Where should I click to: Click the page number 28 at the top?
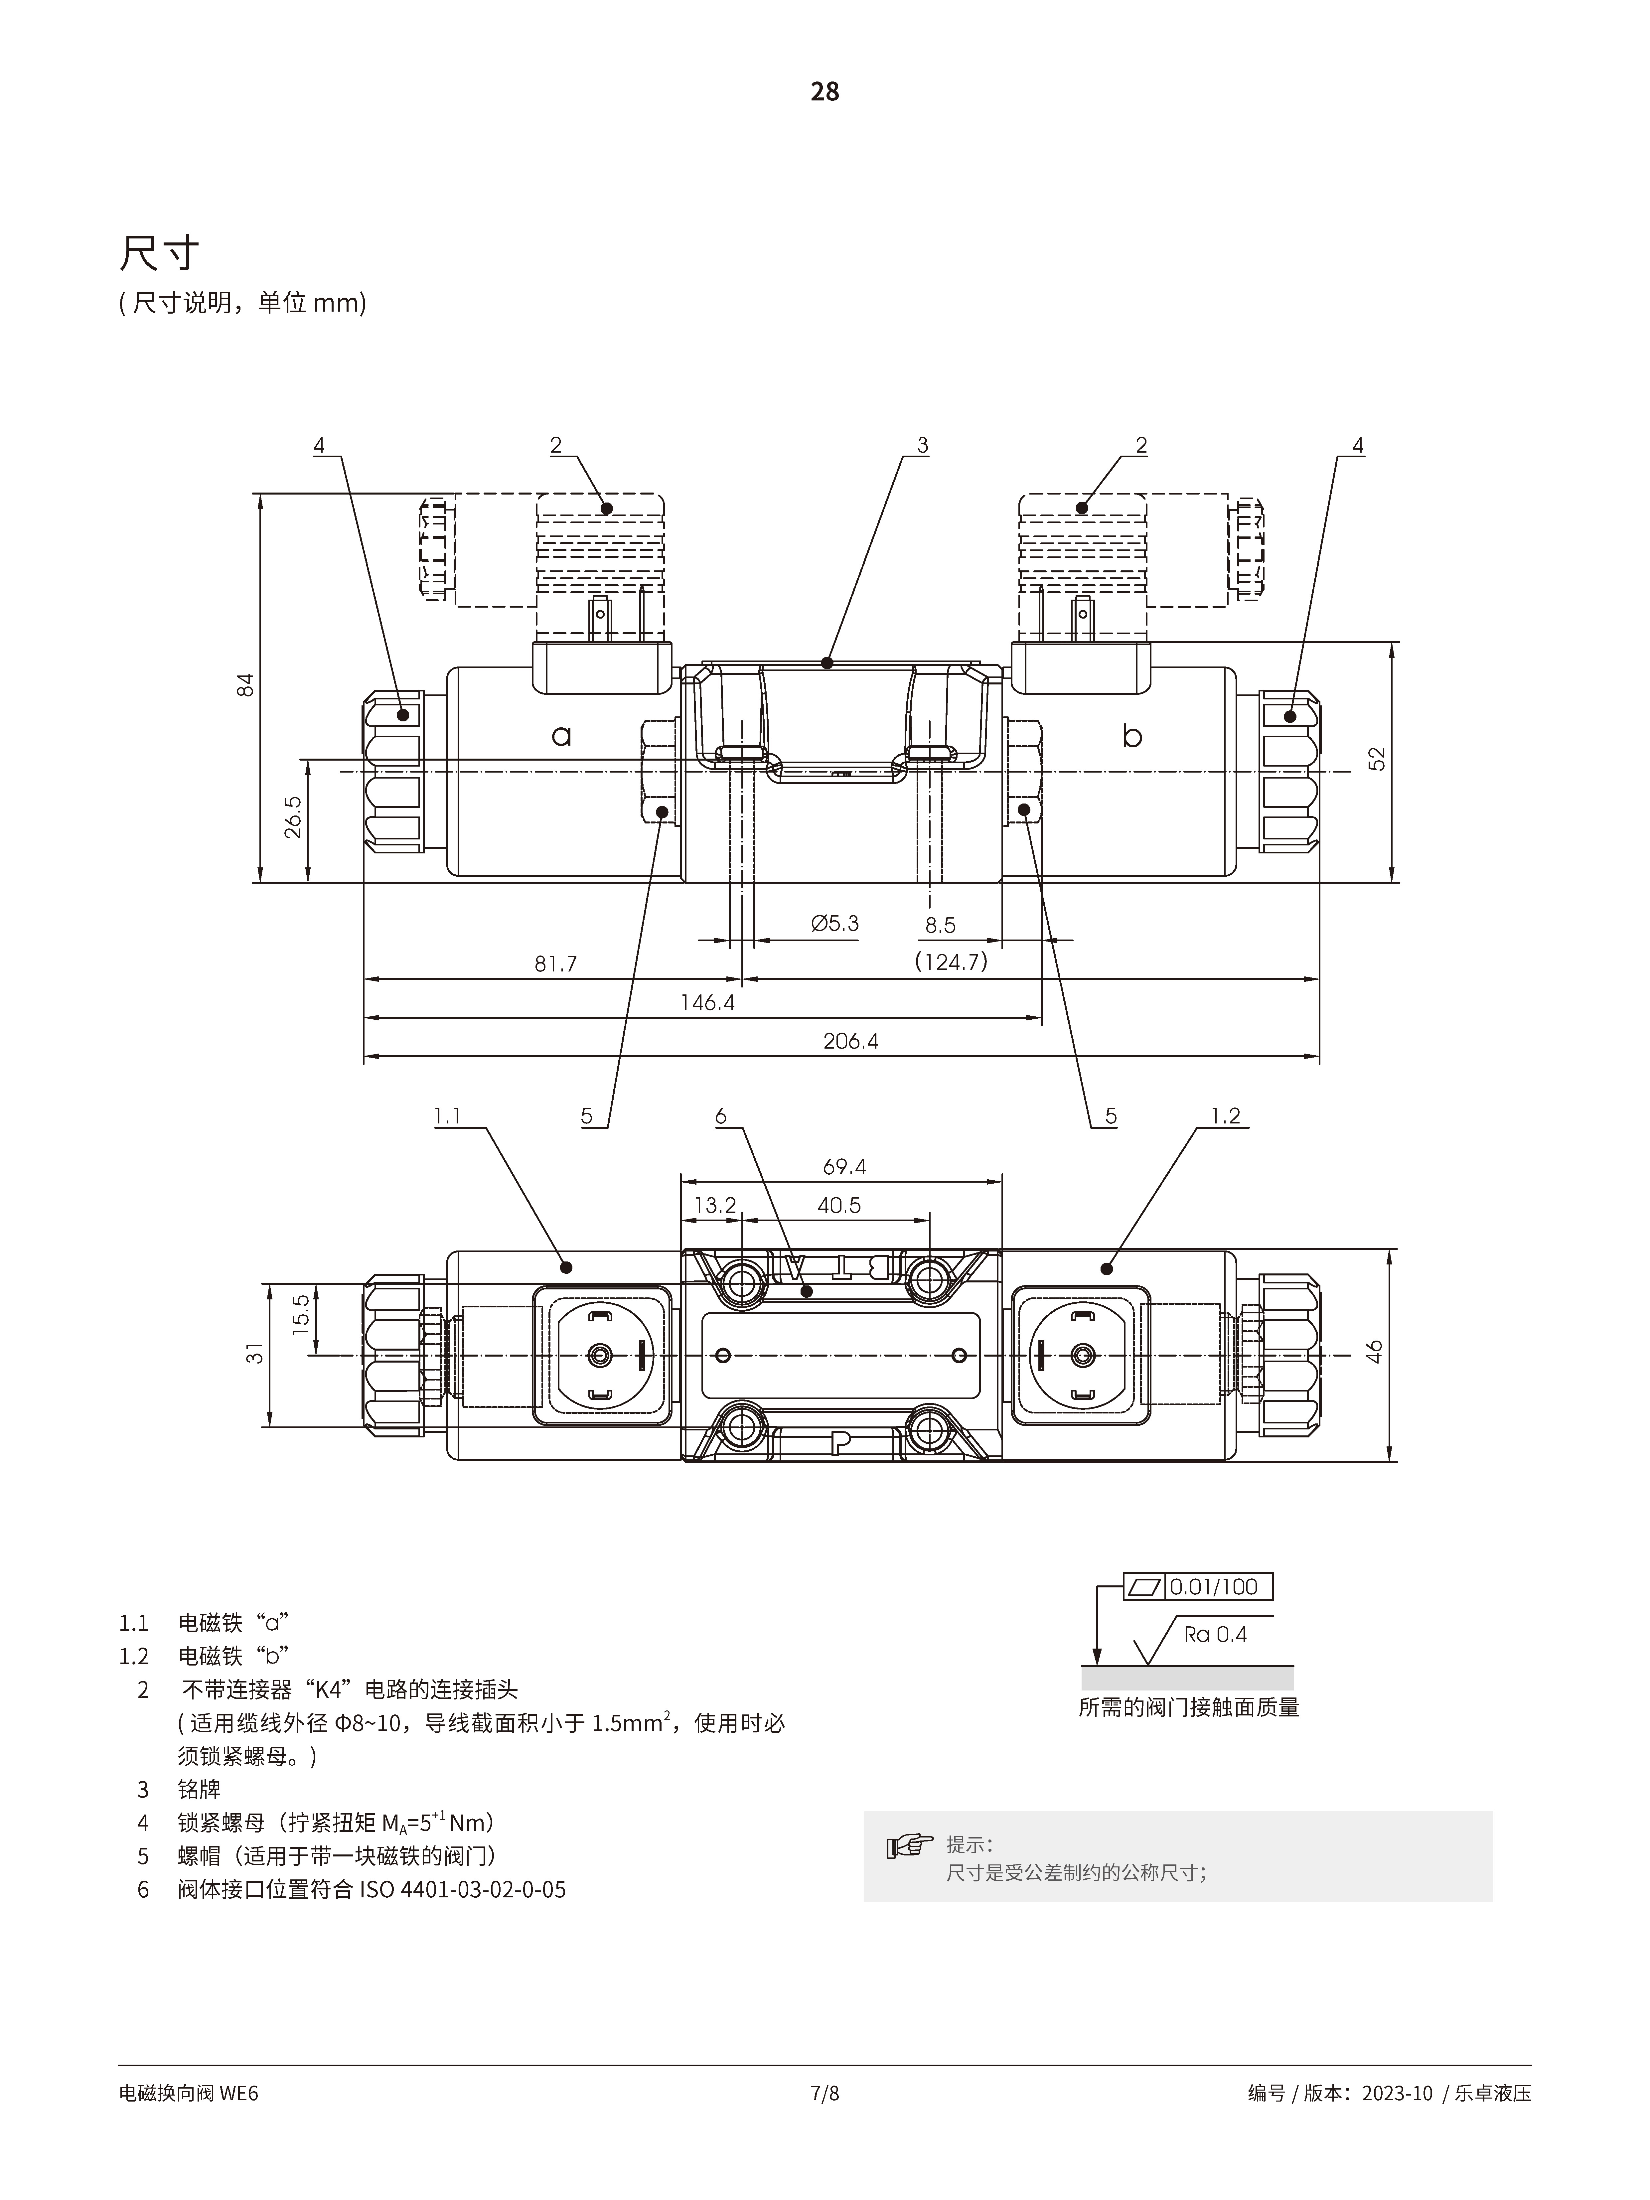click(825, 91)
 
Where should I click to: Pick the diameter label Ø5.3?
click(834, 923)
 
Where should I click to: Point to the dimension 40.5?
click(838, 1205)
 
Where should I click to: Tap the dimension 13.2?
click(714, 1205)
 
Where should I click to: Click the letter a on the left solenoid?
click(562, 736)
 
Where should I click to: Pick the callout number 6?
click(721, 1116)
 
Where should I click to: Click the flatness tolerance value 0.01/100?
click(1213, 1586)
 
